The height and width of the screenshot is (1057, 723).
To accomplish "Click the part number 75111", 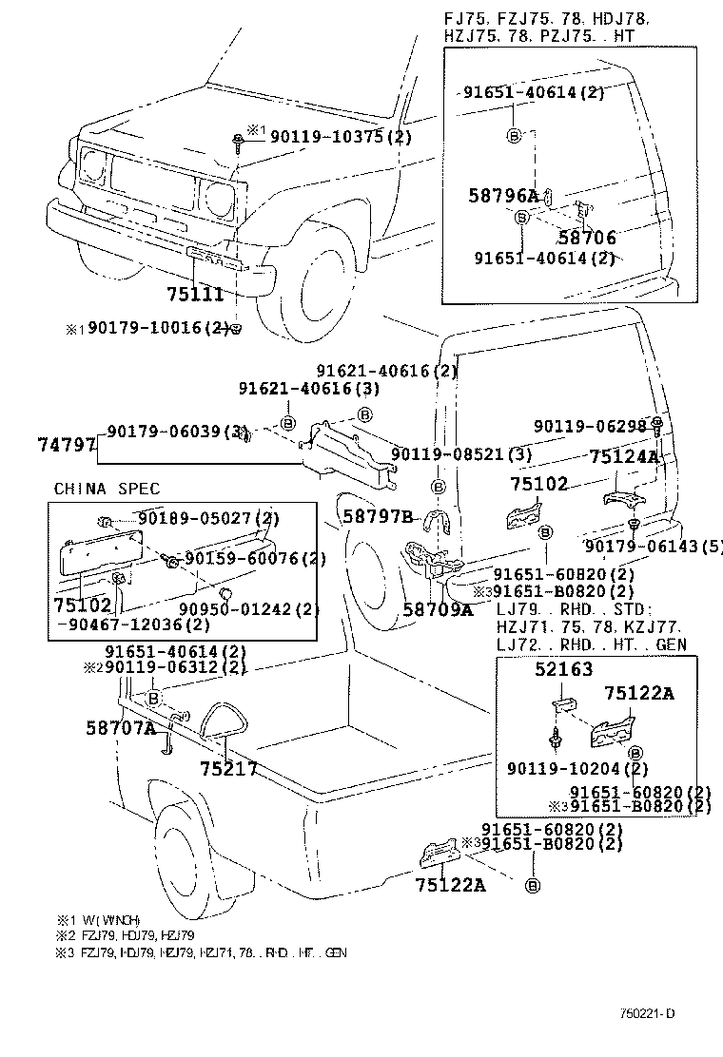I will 195,296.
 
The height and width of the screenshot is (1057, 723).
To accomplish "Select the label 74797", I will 67,444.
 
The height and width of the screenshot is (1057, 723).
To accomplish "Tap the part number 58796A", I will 503,197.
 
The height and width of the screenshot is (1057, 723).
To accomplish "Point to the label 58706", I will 587,239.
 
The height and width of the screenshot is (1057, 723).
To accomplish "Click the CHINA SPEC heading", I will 107,489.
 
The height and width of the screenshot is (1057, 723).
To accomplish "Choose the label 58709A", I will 438,609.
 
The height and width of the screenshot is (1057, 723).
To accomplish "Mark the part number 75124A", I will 624,456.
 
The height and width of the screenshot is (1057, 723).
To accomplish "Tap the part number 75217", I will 228,768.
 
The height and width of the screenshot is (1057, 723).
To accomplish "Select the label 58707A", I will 121,727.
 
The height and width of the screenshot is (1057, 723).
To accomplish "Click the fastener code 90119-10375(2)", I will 341,137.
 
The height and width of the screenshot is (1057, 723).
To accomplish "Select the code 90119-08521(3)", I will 461,455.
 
